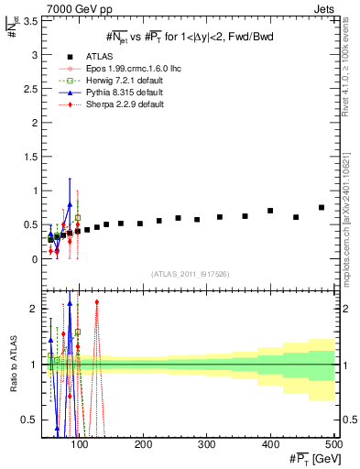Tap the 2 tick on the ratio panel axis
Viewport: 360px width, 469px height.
pyautogui.click(x=37, y=310)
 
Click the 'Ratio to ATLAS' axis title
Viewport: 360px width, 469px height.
pyautogui.click(x=13, y=363)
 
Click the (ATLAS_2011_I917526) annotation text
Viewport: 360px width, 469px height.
pyautogui.click(x=190, y=275)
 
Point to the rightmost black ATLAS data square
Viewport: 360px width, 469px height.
pyautogui.click(x=322, y=207)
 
